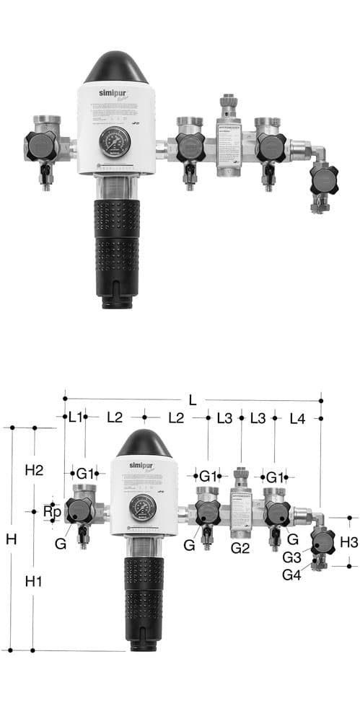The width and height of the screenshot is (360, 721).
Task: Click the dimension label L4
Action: tap(299, 417)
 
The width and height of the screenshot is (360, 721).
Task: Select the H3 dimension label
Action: tap(348, 541)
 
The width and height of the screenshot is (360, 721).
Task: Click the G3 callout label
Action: tap(292, 557)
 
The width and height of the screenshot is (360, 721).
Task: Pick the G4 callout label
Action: tap(292, 575)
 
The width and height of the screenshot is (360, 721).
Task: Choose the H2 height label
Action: tap(33, 470)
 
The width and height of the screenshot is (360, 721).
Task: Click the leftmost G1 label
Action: tap(85, 474)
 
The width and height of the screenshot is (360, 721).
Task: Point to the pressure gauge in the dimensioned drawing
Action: tap(143, 508)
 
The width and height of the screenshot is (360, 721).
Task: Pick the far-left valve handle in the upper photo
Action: tap(41, 146)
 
